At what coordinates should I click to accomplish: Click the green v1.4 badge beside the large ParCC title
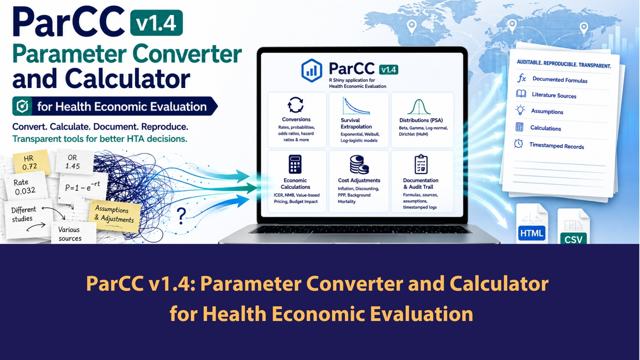click(x=156, y=23)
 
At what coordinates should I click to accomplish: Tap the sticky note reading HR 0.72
click(x=31, y=163)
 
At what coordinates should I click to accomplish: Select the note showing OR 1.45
click(x=74, y=162)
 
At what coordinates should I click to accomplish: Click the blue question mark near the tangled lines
click(x=181, y=216)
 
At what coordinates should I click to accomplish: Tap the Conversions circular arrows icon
click(x=296, y=105)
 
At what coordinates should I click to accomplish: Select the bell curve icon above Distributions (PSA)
click(x=419, y=107)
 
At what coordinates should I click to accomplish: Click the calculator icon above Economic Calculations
click(x=295, y=164)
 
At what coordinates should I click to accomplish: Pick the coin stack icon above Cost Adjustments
click(x=359, y=164)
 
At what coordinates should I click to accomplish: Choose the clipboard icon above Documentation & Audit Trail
click(x=421, y=164)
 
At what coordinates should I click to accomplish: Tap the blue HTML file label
click(x=532, y=233)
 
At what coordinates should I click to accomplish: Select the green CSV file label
click(x=573, y=239)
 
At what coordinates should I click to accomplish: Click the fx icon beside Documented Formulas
click(x=522, y=78)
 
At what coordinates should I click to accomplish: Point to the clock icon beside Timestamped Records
click(x=518, y=143)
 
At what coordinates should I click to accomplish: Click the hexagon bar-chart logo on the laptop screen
click(x=312, y=70)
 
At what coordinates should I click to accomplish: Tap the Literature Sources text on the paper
click(x=554, y=95)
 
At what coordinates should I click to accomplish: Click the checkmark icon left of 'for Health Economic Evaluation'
click(x=22, y=106)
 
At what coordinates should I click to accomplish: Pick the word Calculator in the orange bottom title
click(x=499, y=284)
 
